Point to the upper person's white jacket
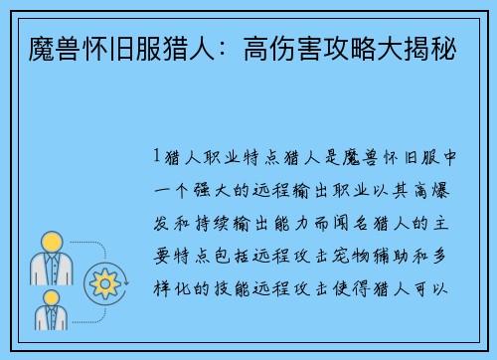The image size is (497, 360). pos(50,270)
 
